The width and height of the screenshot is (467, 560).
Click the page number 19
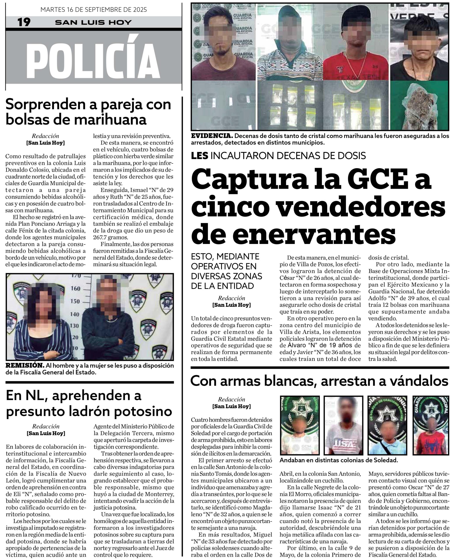pyautogui.click(x=24, y=22)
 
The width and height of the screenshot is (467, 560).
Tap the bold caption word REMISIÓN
pyautogui.click(x=25, y=366)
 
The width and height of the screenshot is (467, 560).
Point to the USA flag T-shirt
pyautogui.click(x=343, y=443)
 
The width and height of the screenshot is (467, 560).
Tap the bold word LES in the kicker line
pyautogui.click(x=200, y=156)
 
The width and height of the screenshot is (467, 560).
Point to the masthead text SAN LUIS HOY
pyautogui.click(x=93, y=22)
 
